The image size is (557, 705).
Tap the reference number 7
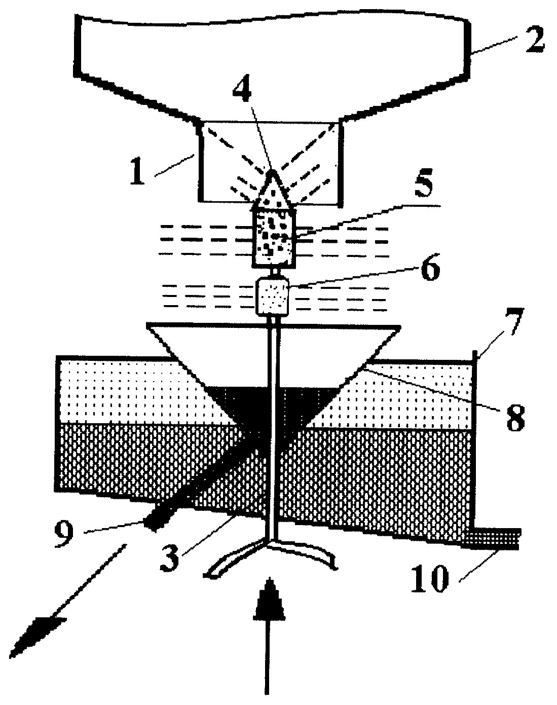coord(512,321)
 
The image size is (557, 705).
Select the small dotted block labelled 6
coord(273,296)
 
